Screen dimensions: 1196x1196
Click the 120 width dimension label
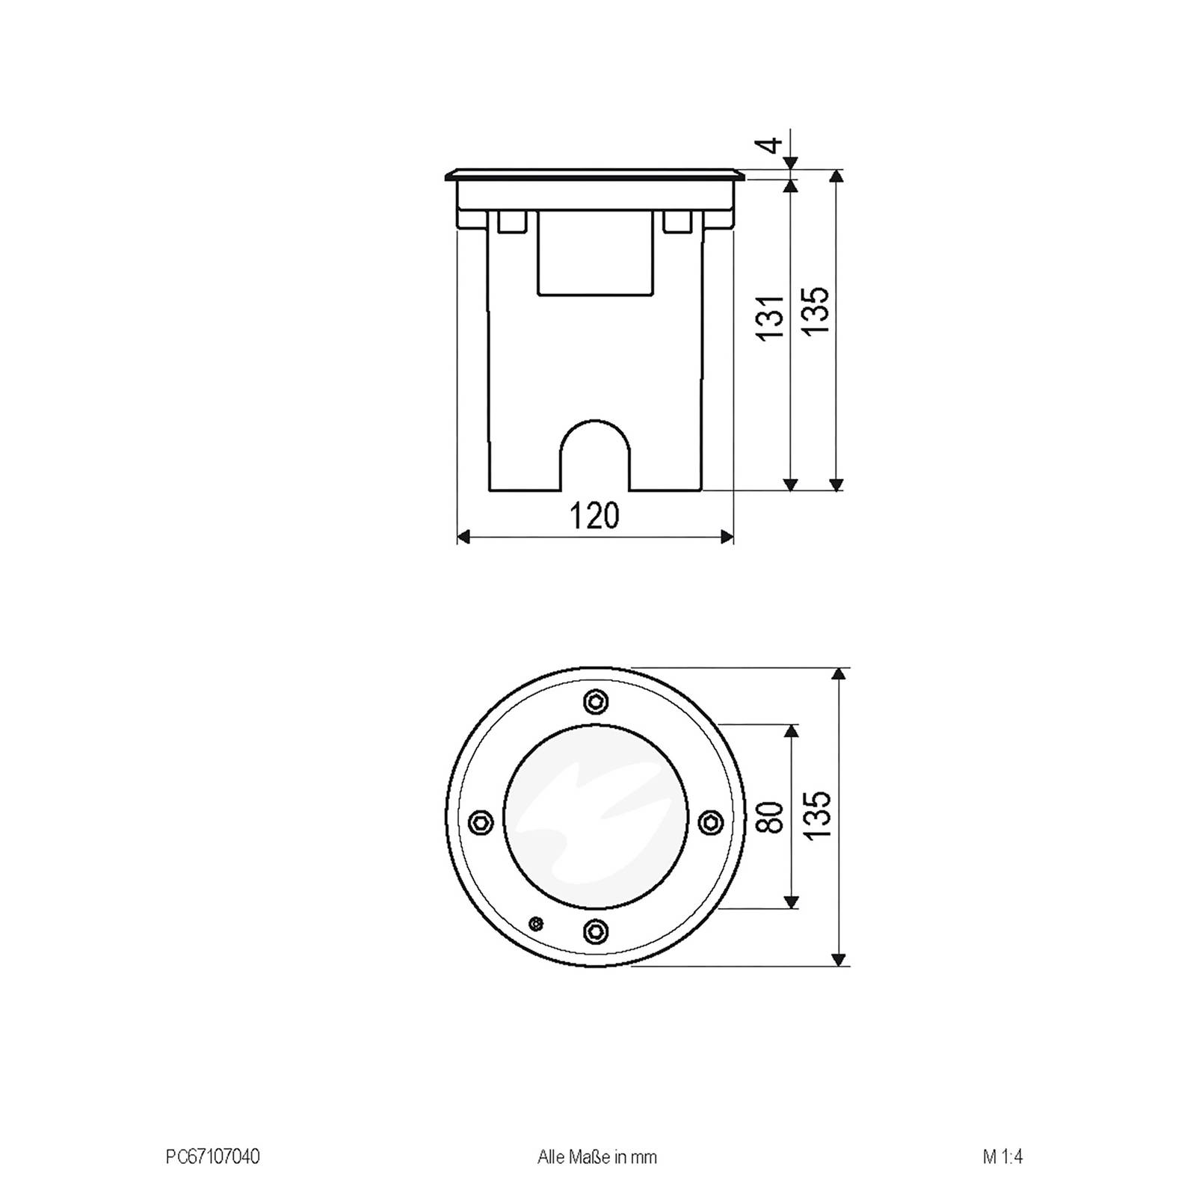pyautogui.click(x=595, y=517)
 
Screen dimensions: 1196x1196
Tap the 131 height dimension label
pyautogui.click(x=771, y=318)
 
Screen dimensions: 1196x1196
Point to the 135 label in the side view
pyautogui.click(x=817, y=309)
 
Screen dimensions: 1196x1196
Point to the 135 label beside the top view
pyautogui.click(x=817, y=815)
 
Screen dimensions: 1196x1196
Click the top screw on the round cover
pyautogui.click(x=595, y=702)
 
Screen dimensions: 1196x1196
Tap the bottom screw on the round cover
pyautogui.click(x=595, y=931)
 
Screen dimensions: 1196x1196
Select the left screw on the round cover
pyautogui.click(x=481, y=823)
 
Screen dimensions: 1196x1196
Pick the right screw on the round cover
pyautogui.click(x=709, y=823)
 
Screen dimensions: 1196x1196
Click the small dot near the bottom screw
pyautogui.click(x=535, y=924)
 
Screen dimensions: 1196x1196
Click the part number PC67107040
pyautogui.click(x=212, y=1157)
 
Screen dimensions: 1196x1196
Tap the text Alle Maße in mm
pyautogui.click(x=597, y=1157)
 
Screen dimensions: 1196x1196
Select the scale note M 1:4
pyautogui.click(x=1002, y=1157)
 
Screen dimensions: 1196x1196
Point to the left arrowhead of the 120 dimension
pyautogui.click(x=463, y=536)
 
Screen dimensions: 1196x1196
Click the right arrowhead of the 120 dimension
pyautogui.click(x=726, y=536)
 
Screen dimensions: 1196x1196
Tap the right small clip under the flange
pyautogui.click(x=678, y=222)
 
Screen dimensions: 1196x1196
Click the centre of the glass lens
pyautogui.click(x=595, y=817)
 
